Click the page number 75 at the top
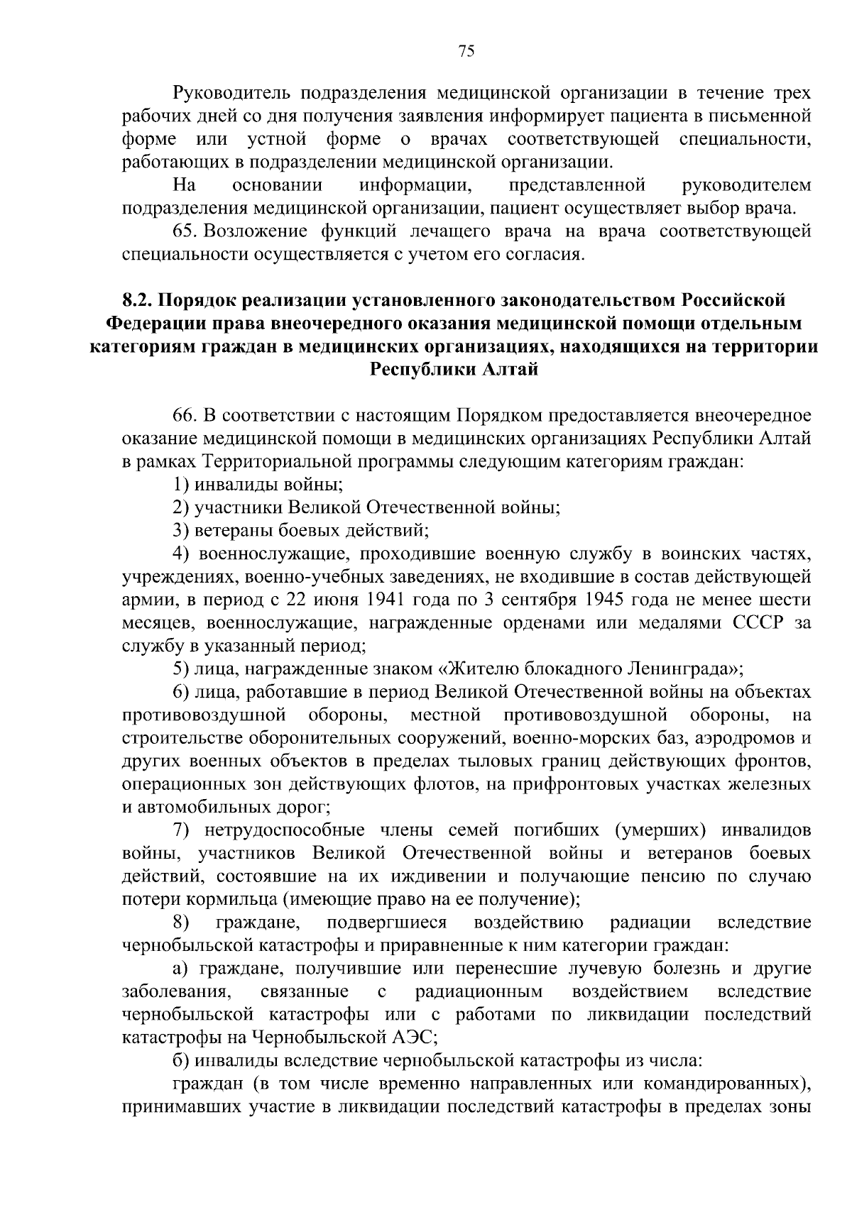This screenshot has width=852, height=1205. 466,50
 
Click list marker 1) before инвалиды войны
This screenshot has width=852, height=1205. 182,485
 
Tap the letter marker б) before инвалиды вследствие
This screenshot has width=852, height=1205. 182,1061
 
